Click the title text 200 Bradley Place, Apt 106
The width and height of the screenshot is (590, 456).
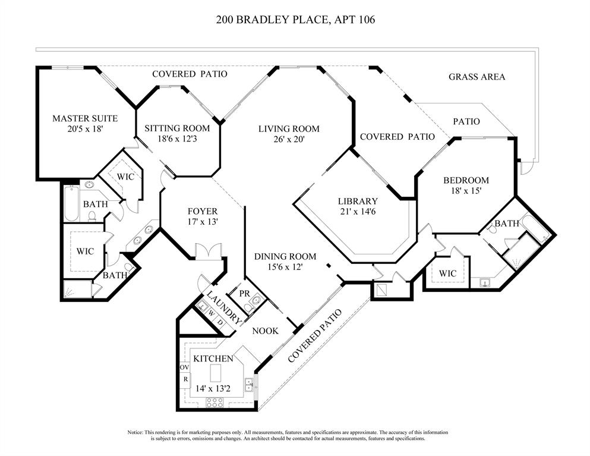295,20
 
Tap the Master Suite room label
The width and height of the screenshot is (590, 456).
84,118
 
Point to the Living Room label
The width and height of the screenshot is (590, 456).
289,128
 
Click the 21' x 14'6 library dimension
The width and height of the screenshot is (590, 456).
358,211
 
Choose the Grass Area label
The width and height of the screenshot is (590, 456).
477,77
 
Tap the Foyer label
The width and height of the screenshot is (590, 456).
203,211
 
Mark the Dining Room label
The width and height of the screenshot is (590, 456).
285,256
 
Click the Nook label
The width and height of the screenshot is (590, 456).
265,331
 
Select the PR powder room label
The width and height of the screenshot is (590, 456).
244,293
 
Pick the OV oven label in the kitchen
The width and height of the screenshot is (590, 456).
184,367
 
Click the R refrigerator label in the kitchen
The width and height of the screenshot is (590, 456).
184,379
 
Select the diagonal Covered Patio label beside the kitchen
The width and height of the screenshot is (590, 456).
315,336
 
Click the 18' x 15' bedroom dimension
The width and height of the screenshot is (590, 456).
466,191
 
